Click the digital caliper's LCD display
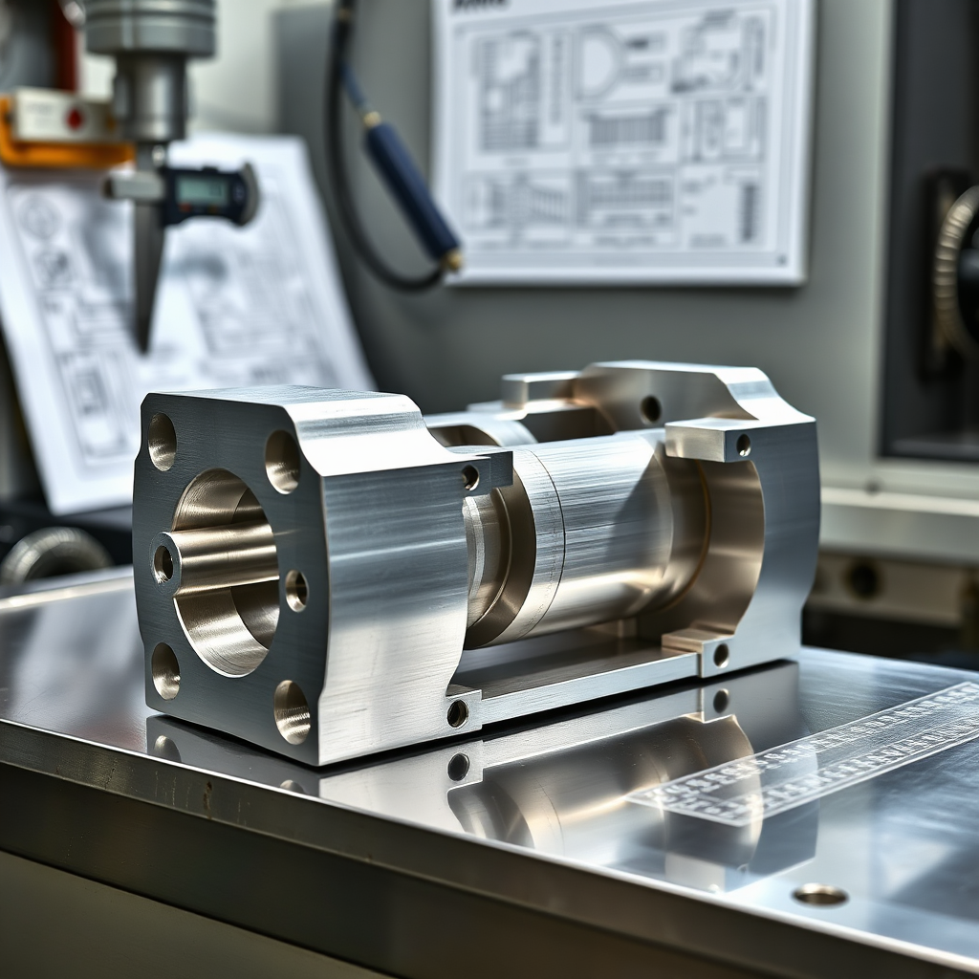coord(203,191)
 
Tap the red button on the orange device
coord(76,118)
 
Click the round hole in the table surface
coord(820,895)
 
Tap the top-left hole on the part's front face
coord(162,442)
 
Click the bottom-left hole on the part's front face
coord(165,670)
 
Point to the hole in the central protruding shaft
coord(163,563)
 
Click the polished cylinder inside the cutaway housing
coord(593,535)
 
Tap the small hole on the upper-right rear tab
coord(743,445)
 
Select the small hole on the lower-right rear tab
coord(720,655)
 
